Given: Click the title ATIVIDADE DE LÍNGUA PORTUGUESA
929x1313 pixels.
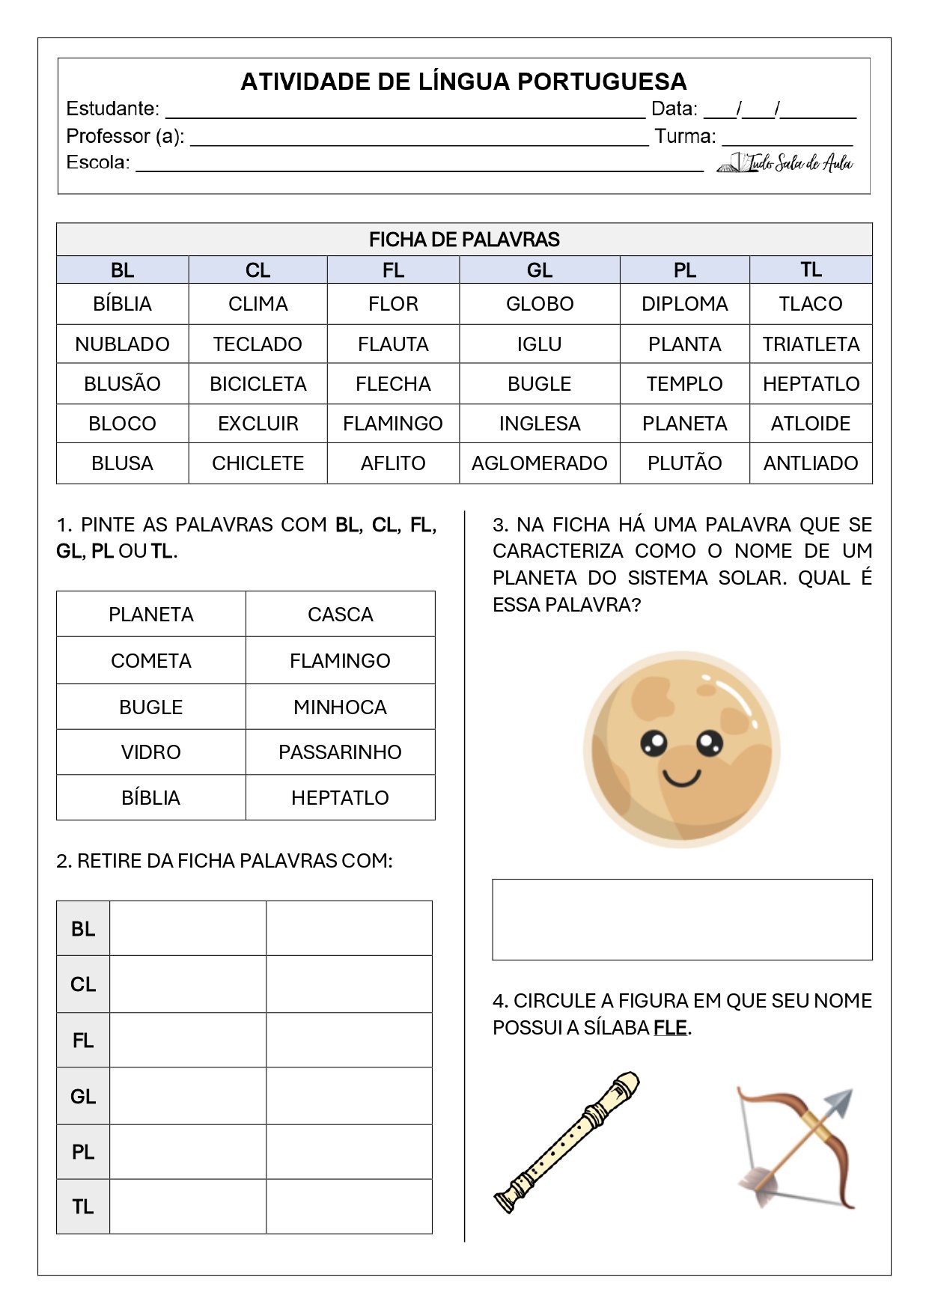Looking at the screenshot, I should pyautogui.click(x=463, y=82).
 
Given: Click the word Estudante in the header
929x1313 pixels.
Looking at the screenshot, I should pyautogui.click(x=112, y=109).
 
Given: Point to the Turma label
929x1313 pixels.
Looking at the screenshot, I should pyautogui.click(x=685, y=137).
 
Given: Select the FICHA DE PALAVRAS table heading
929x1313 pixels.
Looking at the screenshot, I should pyautogui.click(x=464, y=240).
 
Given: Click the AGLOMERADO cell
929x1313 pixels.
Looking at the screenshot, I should pyautogui.click(x=539, y=463).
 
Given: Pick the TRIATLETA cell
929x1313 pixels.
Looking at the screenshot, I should pyautogui.click(x=811, y=344).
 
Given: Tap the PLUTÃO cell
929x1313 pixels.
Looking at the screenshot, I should pyautogui.click(x=684, y=463).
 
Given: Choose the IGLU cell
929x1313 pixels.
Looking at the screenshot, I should pyautogui.click(x=539, y=344).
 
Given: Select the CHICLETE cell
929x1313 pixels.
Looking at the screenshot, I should pyautogui.click(x=258, y=463).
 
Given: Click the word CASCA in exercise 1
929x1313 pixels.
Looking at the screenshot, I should pyautogui.click(x=340, y=615).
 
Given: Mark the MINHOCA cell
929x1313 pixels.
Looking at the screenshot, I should pyautogui.click(x=340, y=707).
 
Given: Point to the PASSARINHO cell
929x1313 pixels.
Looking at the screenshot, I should pyautogui.click(x=340, y=752).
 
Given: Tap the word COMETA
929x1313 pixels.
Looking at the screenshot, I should pyautogui.click(x=151, y=661).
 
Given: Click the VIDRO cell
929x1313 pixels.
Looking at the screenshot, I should pyautogui.click(x=151, y=752).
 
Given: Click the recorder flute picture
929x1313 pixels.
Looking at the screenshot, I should pyautogui.click(x=566, y=1142).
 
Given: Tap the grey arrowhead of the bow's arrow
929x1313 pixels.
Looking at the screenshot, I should pyautogui.click(x=840, y=1103).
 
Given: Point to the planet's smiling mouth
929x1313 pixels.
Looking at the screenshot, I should pyautogui.click(x=681, y=778).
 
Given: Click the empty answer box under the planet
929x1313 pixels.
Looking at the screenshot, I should pyautogui.click(x=682, y=919).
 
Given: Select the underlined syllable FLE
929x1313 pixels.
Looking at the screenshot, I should pyautogui.click(x=670, y=1028).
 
